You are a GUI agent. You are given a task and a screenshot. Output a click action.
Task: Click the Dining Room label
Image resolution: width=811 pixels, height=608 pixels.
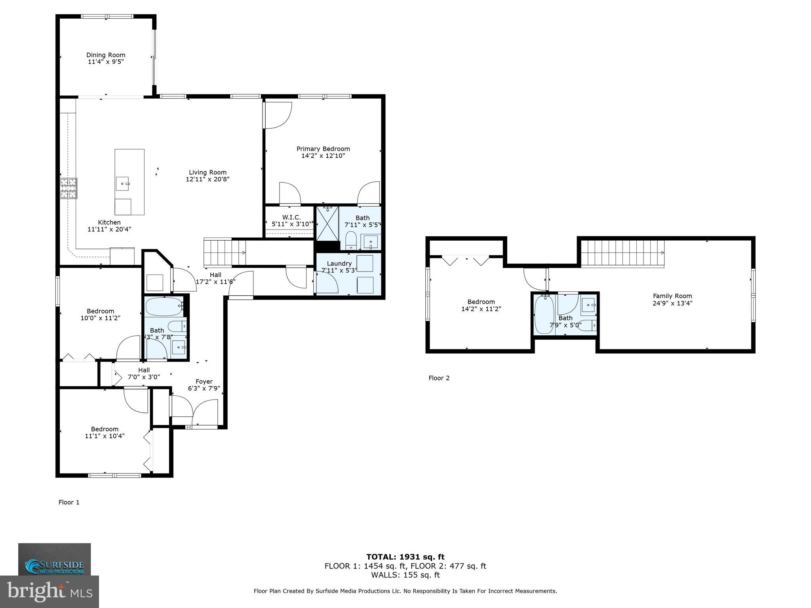[x=106, y=55]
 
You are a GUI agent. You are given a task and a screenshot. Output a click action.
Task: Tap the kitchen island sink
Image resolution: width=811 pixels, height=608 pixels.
[x=123, y=184]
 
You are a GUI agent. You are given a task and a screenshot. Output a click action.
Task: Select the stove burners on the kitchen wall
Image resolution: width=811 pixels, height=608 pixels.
[x=68, y=188]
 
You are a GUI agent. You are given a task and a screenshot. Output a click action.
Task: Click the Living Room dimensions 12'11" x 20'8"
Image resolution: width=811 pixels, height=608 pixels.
[x=208, y=179]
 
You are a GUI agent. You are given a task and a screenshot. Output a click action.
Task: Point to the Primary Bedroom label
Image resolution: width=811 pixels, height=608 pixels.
[x=323, y=149]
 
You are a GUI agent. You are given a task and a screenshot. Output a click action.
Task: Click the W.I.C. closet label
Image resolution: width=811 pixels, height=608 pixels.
[x=291, y=217]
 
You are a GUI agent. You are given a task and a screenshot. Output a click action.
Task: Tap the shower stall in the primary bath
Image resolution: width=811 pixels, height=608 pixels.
[x=327, y=223]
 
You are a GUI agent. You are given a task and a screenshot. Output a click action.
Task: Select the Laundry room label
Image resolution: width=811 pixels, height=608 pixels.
[x=339, y=264]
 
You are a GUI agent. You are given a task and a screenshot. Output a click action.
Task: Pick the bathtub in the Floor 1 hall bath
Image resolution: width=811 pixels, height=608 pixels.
[x=164, y=306]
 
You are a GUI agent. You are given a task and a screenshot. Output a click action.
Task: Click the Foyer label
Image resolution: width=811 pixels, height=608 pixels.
[x=204, y=382]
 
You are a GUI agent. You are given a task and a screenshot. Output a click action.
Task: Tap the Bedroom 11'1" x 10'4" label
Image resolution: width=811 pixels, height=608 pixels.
[x=105, y=429]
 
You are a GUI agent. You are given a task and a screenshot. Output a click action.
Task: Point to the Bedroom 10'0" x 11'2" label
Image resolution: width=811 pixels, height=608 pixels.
[x=101, y=311]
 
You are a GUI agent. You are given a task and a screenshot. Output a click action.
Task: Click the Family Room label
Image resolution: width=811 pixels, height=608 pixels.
[x=672, y=296]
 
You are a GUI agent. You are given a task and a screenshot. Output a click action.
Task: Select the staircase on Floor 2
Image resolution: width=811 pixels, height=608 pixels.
[x=622, y=253]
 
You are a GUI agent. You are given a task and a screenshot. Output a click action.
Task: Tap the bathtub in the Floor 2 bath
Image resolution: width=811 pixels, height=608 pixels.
[x=544, y=315]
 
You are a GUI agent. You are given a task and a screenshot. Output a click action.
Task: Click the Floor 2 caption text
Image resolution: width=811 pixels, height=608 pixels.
[x=439, y=378]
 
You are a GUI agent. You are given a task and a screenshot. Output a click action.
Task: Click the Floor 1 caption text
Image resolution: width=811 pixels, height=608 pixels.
[x=69, y=502]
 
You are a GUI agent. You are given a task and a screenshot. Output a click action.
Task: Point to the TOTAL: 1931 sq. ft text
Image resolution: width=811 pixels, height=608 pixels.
[x=405, y=557]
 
